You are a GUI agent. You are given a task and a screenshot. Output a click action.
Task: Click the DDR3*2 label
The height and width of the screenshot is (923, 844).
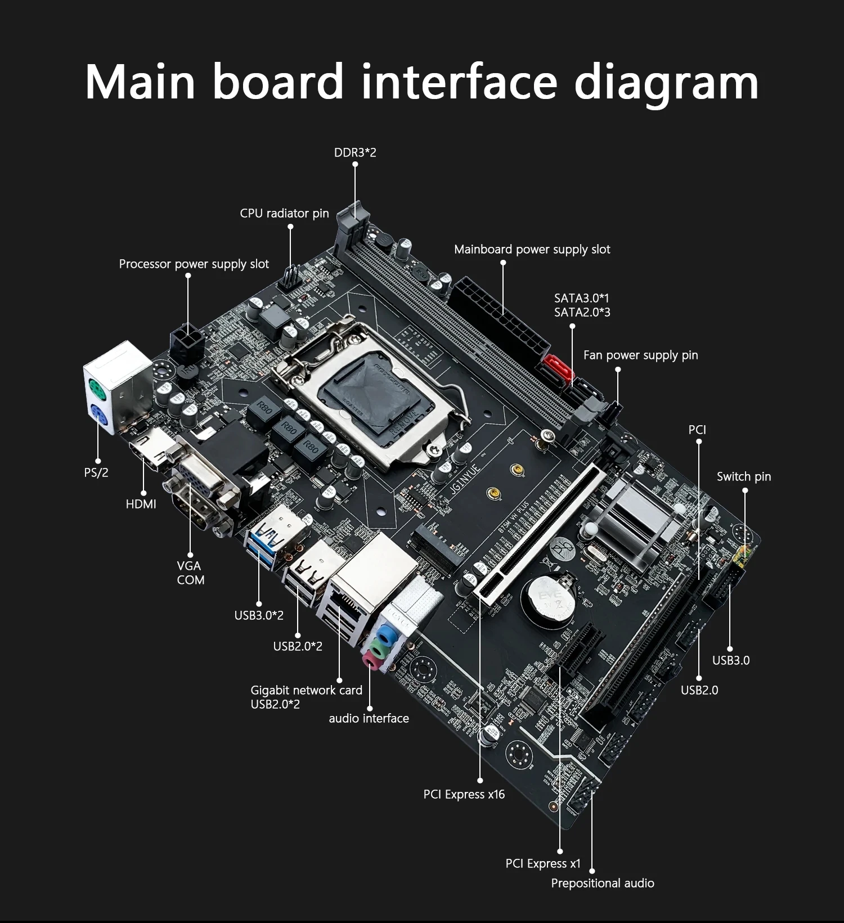(354, 152)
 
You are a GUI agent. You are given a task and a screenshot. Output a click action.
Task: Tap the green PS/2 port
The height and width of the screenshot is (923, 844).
(96, 388)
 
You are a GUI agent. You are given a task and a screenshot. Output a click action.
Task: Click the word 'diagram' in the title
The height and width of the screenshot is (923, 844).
(666, 83)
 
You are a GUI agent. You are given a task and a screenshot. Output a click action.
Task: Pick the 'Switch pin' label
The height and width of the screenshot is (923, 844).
(743, 476)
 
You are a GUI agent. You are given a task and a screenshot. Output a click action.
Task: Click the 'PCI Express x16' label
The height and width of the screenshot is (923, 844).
(464, 794)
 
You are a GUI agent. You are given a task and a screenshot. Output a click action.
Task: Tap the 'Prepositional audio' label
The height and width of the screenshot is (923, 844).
(602, 883)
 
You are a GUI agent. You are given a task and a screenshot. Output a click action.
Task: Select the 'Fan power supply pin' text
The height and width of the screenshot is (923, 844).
(640, 355)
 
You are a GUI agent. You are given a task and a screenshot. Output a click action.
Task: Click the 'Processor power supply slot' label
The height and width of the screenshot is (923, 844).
(194, 264)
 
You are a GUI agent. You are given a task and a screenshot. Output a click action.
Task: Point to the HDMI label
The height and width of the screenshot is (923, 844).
(141, 504)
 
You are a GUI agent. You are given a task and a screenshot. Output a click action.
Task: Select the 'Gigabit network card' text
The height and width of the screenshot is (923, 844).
(306, 690)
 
